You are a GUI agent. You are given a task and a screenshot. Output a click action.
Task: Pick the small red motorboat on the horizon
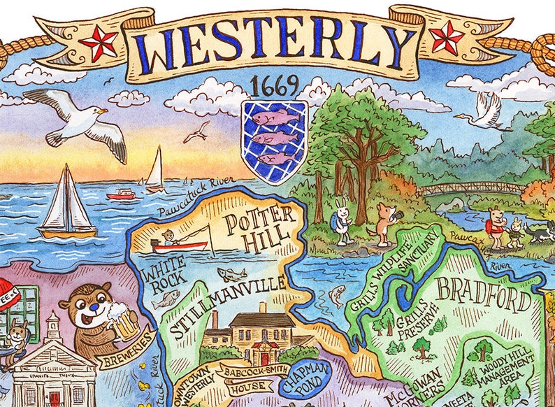coord(120,194)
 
